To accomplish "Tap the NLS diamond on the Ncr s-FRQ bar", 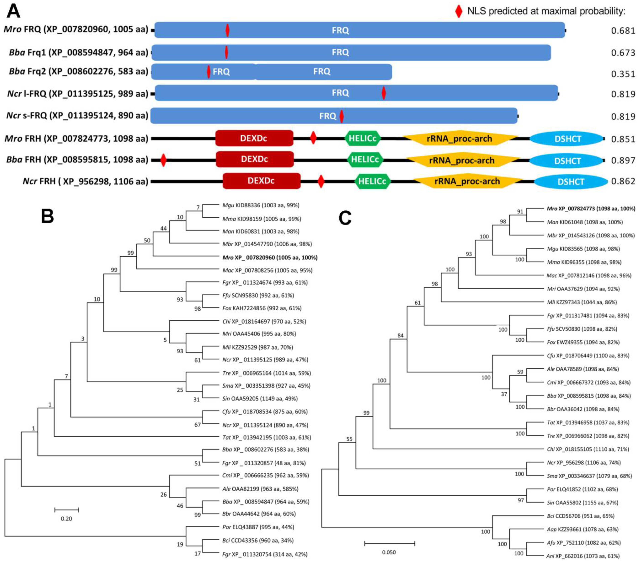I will [x=342, y=116].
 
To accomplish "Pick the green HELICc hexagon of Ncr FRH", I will [x=372, y=181].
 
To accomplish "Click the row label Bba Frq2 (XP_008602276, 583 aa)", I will [x=79, y=71].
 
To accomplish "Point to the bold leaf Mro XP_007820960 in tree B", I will [x=270, y=258].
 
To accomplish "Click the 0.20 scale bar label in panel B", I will [x=67, y=519].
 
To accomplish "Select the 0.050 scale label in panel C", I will [x=389, y=552].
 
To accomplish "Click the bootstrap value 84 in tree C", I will [x=400, y=336].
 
